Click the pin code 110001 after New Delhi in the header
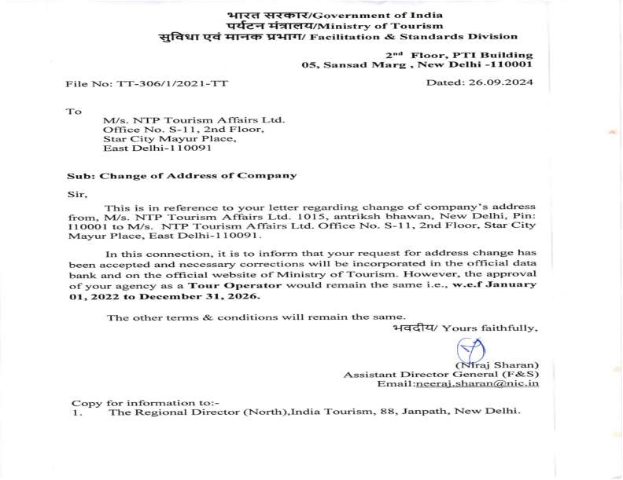pos(511,66)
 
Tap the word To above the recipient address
pos(74,112)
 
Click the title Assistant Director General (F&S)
pos(441,375)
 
